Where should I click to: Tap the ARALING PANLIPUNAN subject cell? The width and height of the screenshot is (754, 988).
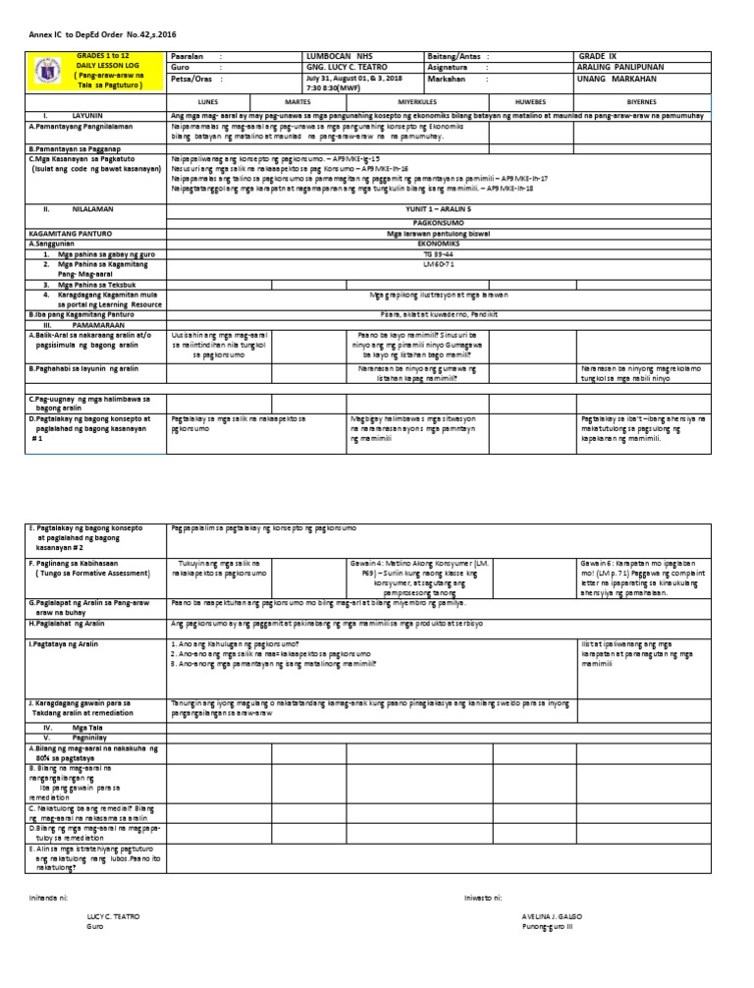[623, 68]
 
